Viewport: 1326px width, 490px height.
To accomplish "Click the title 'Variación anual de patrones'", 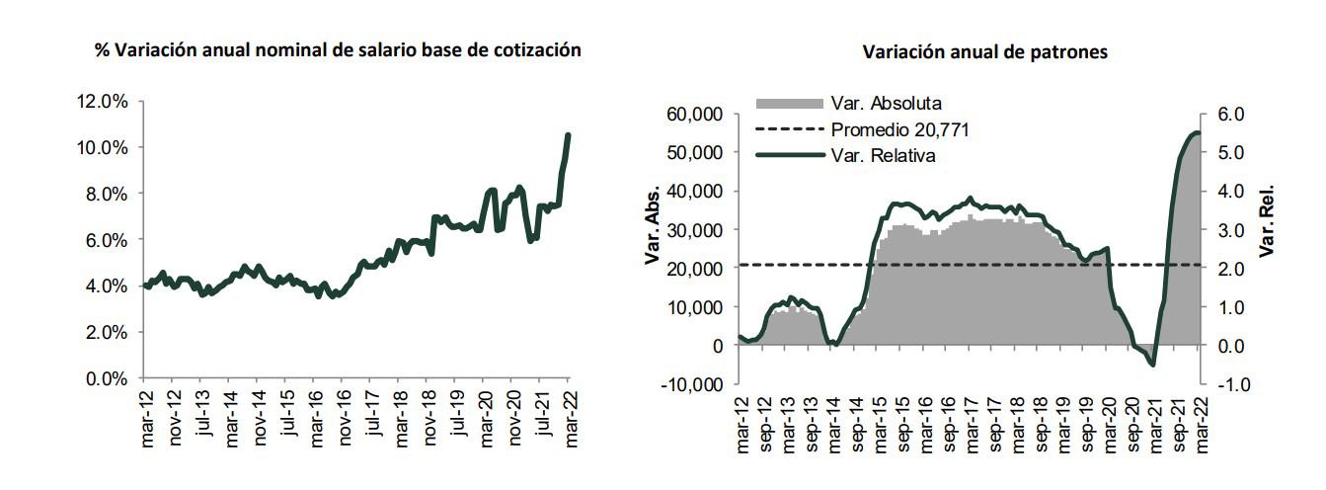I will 984,52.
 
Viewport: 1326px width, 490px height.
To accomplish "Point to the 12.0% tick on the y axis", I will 103,102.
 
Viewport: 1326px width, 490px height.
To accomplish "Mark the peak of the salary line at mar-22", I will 568,134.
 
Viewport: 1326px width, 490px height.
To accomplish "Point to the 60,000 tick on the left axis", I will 696,115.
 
